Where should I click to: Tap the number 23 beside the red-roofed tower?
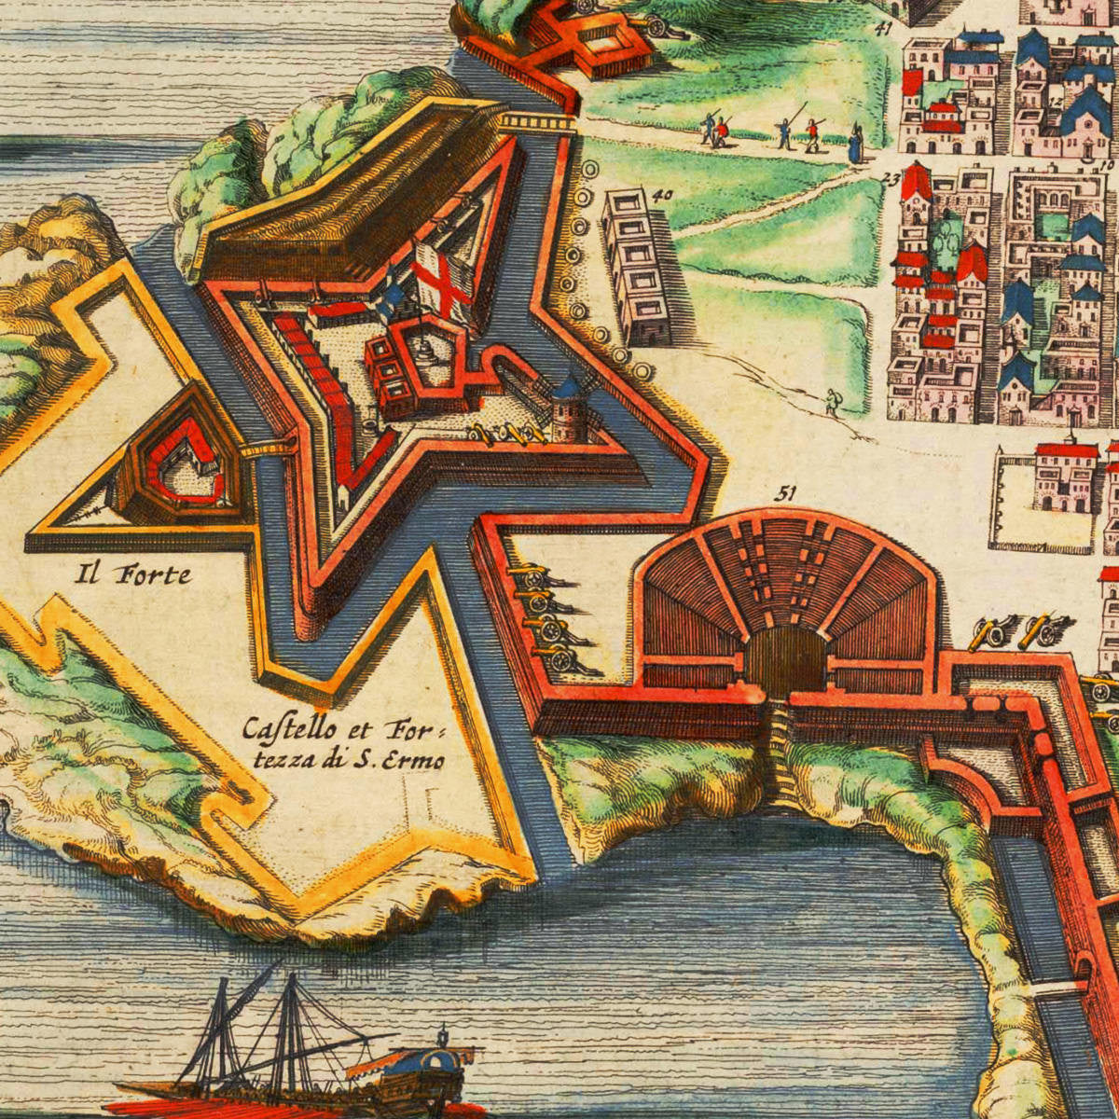(891, 180)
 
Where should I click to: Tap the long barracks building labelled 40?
(636, 266)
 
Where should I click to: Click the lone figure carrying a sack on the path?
(831, 403)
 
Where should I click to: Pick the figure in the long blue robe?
(854, 143)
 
